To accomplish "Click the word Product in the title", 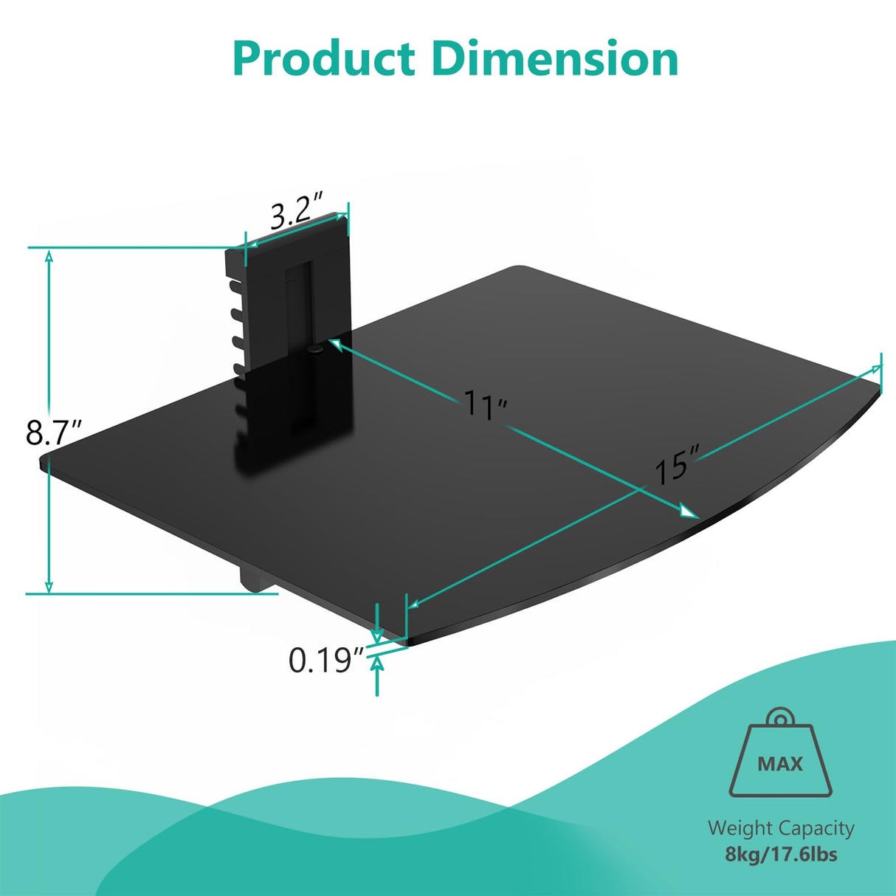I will click(x=325, y=59).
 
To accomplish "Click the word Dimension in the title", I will click(x=555, y=59).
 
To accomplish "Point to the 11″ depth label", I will click(x=485, y=404).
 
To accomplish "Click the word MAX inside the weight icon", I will click(x=780, y=763).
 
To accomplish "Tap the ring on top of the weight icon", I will click(x=779, y=717).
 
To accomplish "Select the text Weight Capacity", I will click(x=780, y=828).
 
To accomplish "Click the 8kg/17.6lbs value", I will click(x=780, y=855).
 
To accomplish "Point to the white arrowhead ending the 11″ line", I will click(x=688, y=511).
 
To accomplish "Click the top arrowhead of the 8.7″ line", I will click(x=49, y=256).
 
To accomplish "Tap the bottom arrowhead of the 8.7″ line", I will click(x=49, y=586).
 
